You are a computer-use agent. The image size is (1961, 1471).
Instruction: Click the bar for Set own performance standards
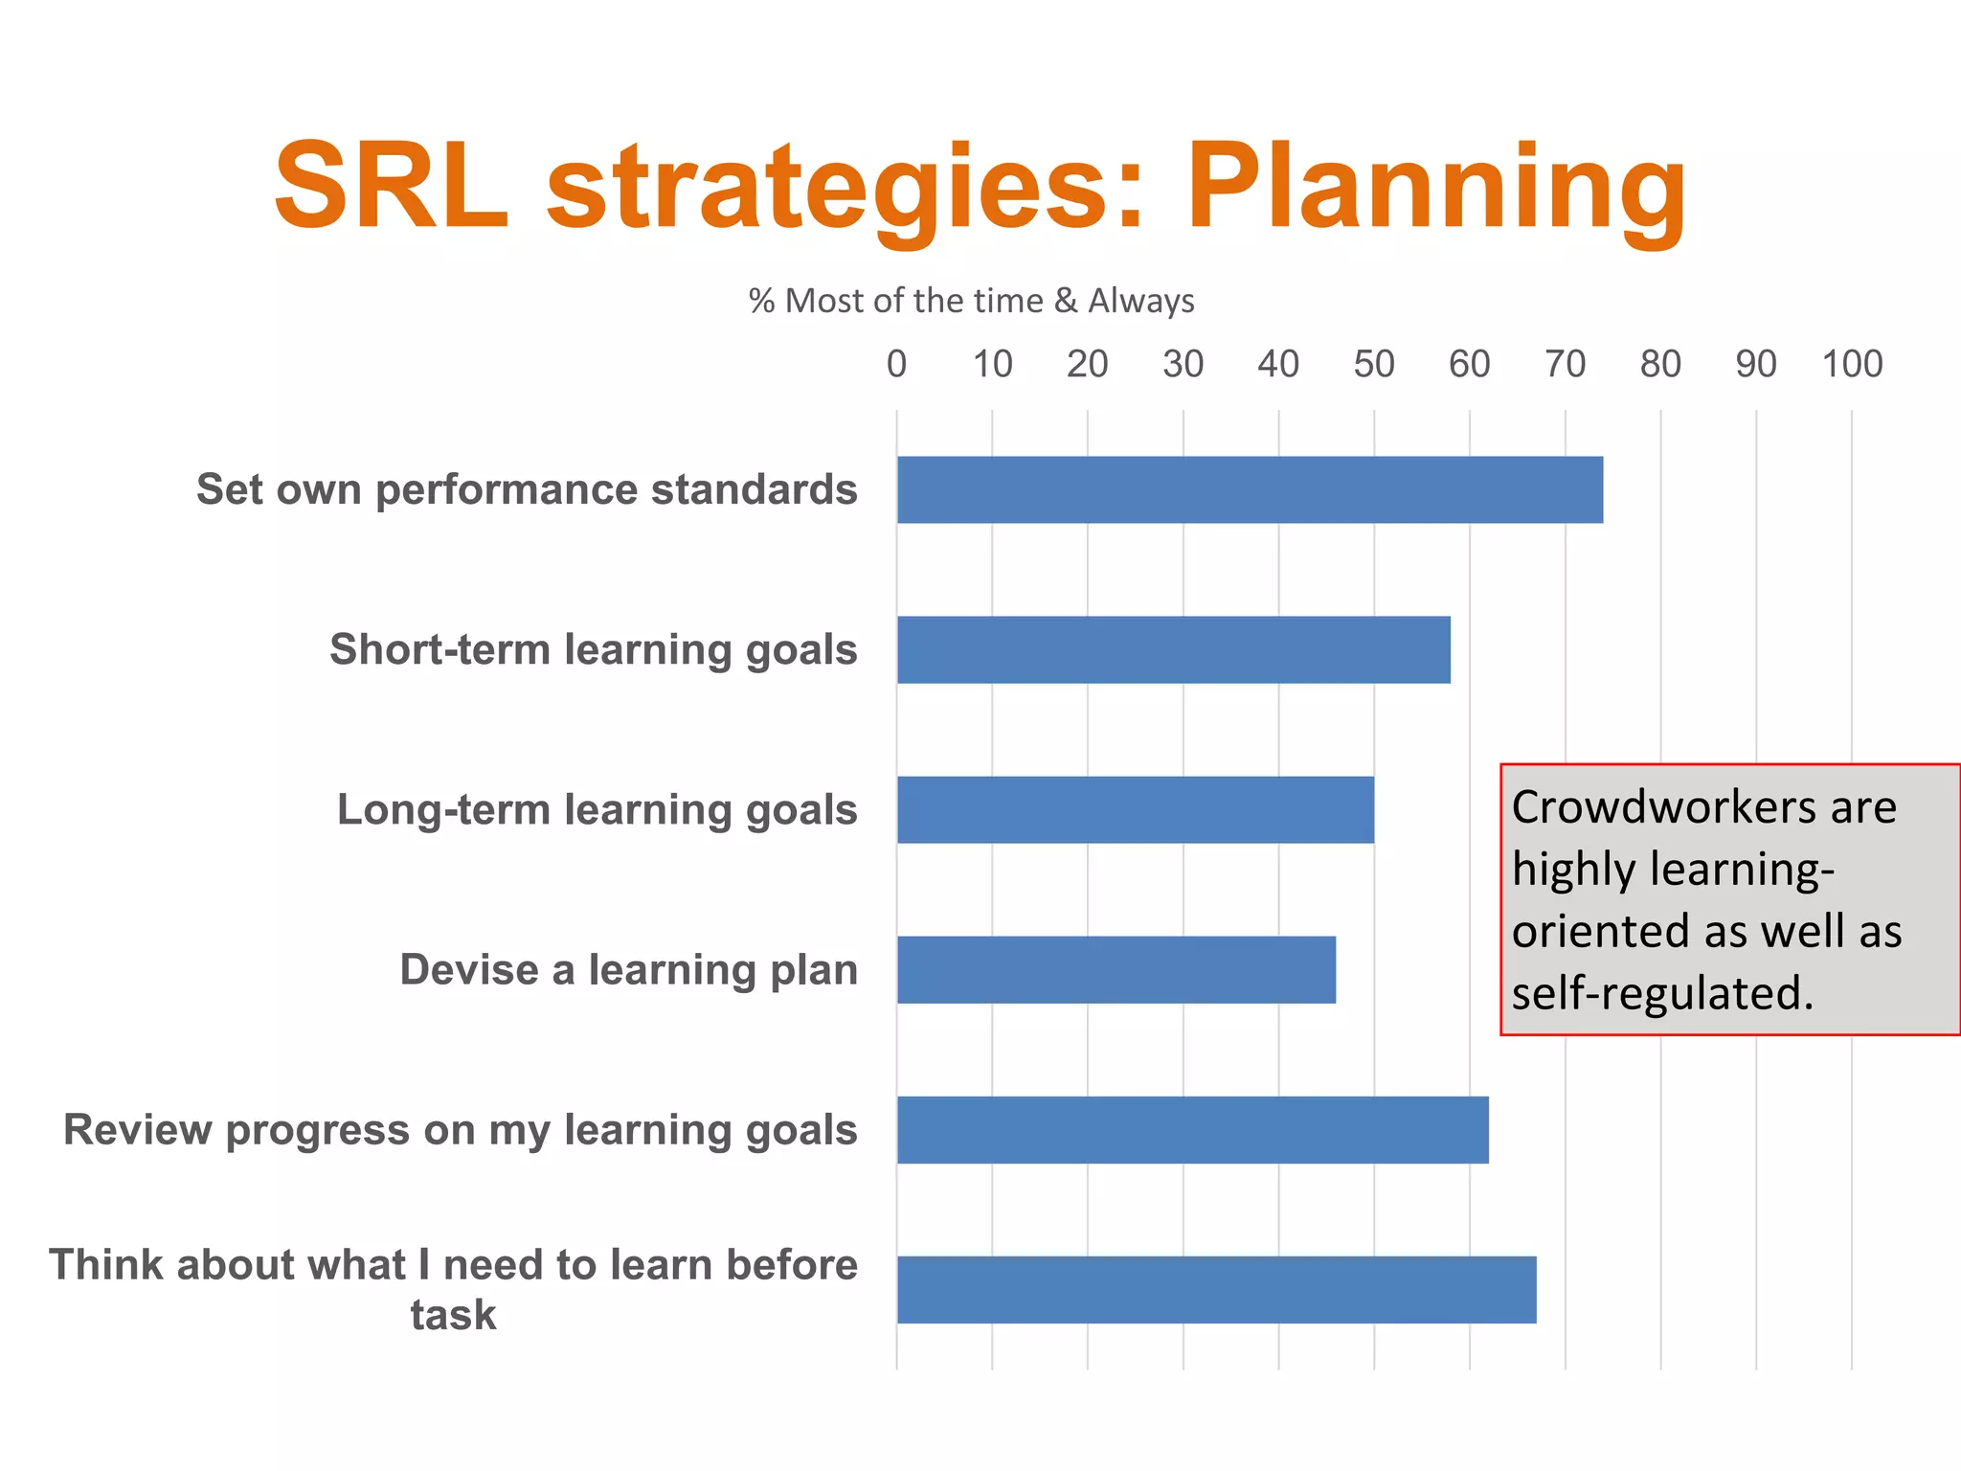[1250, 489]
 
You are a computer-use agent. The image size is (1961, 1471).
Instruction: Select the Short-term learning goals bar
[1173, 649]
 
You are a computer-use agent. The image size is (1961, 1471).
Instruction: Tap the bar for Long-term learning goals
[1135, 809]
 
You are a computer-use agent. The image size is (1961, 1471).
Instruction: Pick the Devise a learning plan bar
[1116, 969]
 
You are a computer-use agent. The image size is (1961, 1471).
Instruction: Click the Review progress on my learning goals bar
[1192, 1129]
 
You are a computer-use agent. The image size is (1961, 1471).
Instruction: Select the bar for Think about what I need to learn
[1216, 1289]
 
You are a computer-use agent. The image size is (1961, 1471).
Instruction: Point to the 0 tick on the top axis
[896, 364]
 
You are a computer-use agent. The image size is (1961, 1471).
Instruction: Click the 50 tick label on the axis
[1373, 364]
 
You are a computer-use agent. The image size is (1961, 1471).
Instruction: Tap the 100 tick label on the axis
[1851, 364]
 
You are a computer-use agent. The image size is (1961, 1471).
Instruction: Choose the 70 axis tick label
[1565, 364]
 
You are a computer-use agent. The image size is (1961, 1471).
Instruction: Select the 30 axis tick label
[1183, 364]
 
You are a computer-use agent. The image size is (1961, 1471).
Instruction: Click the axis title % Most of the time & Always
[971, 301]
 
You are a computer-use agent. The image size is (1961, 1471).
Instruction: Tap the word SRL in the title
[391, 187]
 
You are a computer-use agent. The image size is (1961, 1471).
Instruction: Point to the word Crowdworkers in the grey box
[1661, 807]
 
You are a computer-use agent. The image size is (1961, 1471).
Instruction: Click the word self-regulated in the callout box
[1661, 993]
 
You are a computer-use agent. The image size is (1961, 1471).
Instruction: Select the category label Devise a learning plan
[628, 969]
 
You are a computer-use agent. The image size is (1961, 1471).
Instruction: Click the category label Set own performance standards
[527, 489]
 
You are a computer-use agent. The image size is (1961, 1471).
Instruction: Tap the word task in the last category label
[453, 1315]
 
